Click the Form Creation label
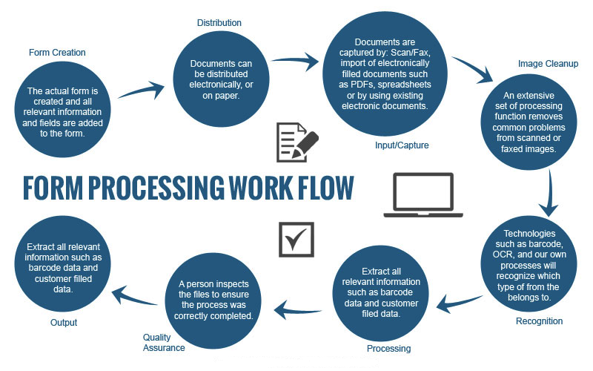57,53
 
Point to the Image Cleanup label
548,63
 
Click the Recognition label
540,321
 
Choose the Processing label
388,348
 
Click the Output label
64,323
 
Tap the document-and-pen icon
295,142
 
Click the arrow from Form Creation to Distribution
139,90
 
